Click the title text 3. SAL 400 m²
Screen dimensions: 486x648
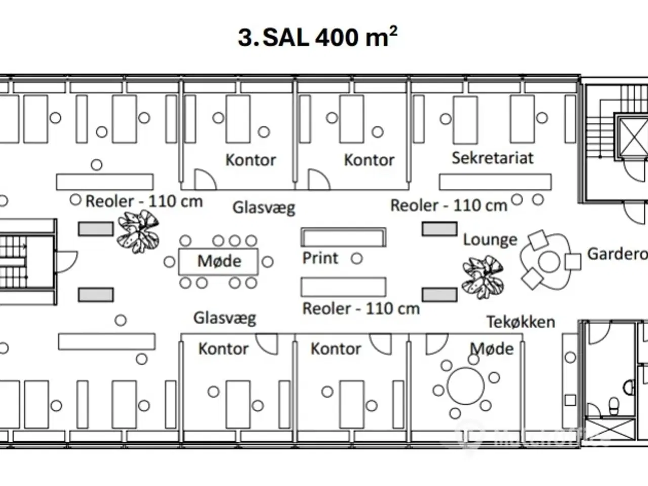(318, 37)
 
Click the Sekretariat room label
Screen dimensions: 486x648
(492, 158)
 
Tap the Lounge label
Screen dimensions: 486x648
(490, 239)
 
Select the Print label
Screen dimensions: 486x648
(320, 258)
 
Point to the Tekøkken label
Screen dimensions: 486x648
(520, 322)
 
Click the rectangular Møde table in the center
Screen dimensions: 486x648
(219, 261)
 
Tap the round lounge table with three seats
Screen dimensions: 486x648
(549, 262)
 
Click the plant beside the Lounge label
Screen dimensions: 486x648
(483, 276)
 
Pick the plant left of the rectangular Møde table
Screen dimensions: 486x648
(138, 231)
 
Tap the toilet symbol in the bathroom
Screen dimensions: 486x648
(614, 404)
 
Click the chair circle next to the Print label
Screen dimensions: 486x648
(357, 259)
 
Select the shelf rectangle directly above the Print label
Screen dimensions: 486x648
(343, 236)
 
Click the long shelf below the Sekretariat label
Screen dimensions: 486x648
(495, 182)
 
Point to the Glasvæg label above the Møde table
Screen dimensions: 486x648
(263, 208)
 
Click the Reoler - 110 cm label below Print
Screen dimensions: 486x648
(361, 308)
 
